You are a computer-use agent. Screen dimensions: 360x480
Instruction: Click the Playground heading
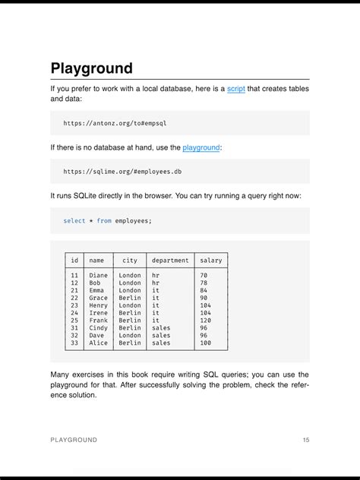92,68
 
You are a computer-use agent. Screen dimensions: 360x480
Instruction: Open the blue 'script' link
236,90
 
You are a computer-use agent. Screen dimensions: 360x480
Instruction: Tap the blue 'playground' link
201,147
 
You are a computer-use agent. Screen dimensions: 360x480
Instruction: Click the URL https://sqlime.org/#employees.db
122,172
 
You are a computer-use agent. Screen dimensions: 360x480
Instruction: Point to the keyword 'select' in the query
74,221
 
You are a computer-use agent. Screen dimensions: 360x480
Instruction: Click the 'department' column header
170,261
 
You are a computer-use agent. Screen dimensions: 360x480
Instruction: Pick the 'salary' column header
210,261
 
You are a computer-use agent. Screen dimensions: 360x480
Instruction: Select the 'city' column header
130,261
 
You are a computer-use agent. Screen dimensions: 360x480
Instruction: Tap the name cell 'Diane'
99,275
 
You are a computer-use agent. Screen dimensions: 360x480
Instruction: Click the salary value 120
206,321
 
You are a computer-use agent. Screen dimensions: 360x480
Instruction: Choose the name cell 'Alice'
99,343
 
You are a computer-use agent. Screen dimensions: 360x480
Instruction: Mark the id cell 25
74,321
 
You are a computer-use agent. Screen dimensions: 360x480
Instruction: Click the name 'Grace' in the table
99,298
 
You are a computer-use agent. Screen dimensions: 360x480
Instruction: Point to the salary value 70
204,275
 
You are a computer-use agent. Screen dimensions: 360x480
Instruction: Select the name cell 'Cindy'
99,328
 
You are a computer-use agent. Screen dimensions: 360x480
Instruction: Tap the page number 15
305,440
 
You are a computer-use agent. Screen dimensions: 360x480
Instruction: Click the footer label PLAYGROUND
74,440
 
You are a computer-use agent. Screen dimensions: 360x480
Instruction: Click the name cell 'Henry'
99,305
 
